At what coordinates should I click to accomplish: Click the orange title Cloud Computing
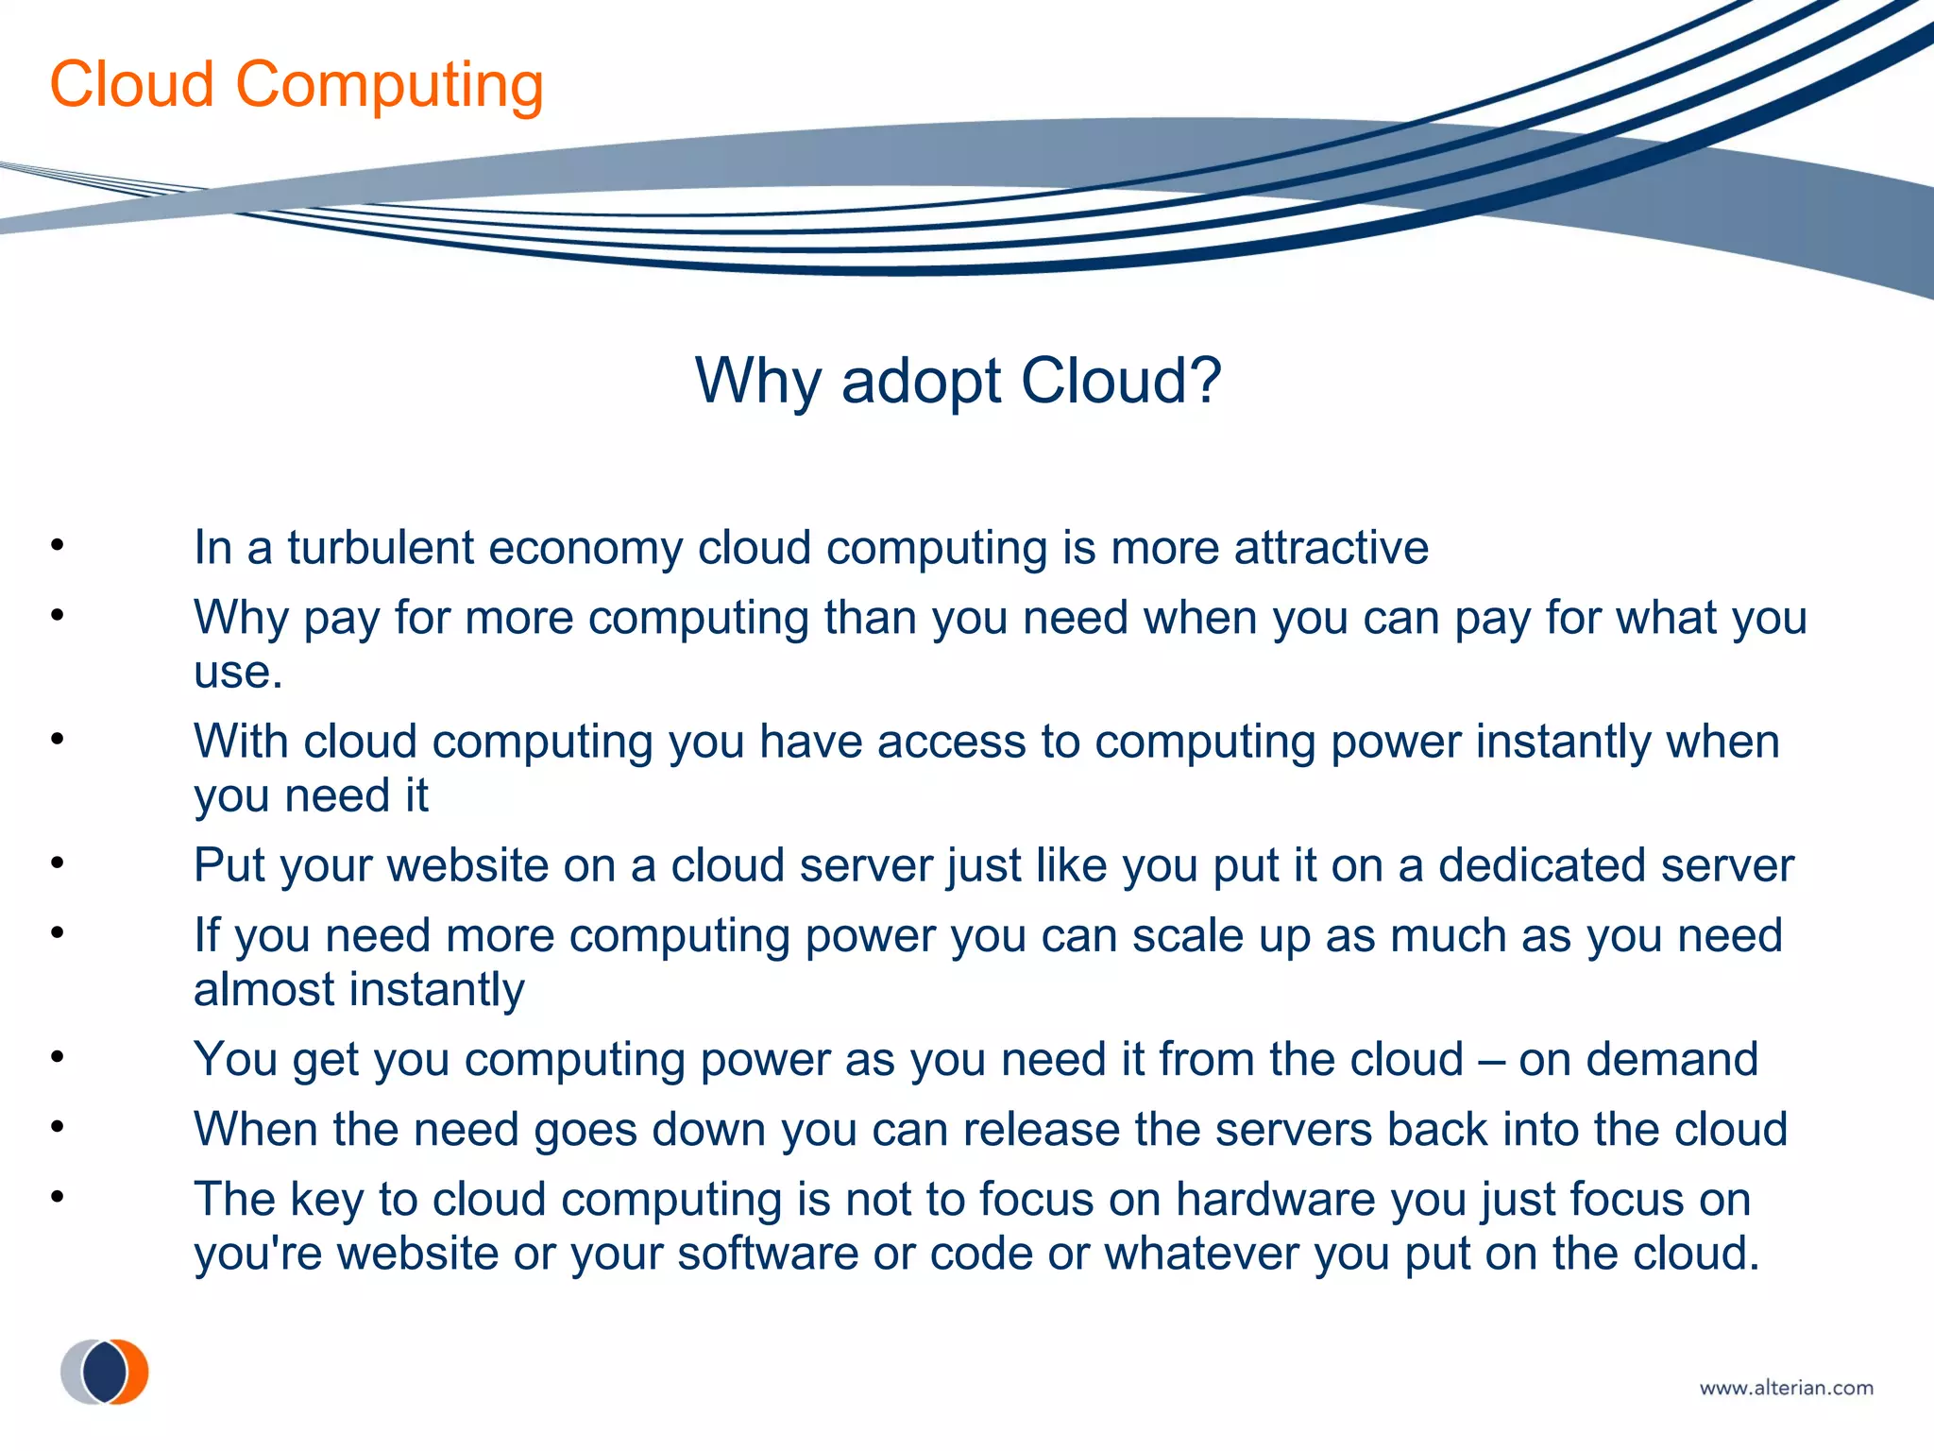[x=297, y=85]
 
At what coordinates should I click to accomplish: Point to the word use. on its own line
[x=238, y=674]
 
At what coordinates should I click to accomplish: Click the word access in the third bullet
[x=951, y=742]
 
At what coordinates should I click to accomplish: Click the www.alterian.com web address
[x=1786, y=1388]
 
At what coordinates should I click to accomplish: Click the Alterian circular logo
[x=105, y=1372]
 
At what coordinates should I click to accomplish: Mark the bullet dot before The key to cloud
[x=58, y=1198]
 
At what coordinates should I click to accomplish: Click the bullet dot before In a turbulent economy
[x=58, y=545]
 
